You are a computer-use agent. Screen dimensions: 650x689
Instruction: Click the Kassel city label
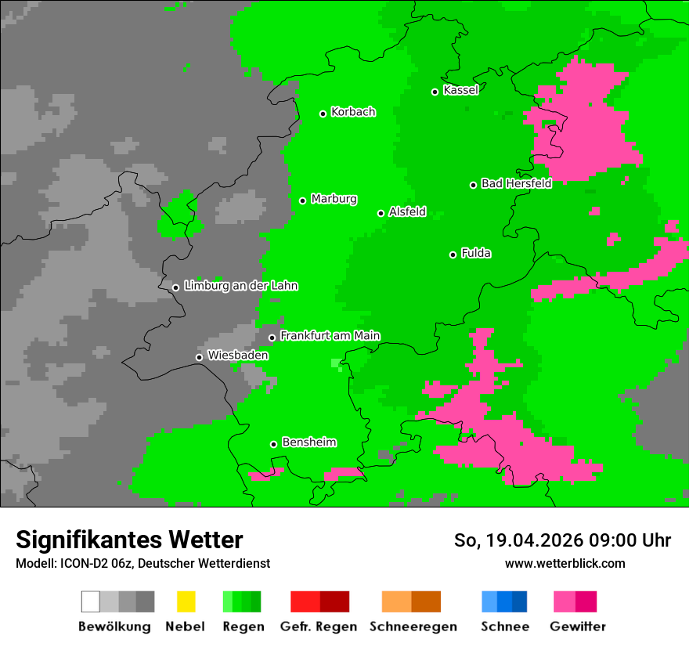click(x=460, y=90)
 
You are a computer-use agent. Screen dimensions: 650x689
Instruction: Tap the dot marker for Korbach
click(x=323, y=114)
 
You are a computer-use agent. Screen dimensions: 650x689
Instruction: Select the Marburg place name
click(x=334, y=199)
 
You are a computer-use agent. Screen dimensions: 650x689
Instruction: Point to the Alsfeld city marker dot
click(x=381, y=213)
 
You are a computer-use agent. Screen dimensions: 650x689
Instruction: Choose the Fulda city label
click(x=476, y=253)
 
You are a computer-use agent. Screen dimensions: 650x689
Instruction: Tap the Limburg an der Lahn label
click(x=240, y=286)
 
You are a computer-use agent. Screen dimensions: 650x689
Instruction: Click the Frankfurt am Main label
click(x=330, y=336)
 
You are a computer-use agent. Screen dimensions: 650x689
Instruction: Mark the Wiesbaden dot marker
click(x=199, y=357)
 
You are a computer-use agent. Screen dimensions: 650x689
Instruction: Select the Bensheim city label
click(x=308, y=442)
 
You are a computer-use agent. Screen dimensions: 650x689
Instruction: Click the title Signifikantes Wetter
click(x=129, y=540)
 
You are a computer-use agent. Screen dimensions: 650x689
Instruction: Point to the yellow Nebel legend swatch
click(x=186, y=601)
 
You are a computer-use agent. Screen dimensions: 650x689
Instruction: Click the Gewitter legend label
click(x=578, y=627)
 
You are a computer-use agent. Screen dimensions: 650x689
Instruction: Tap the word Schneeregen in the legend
click(x=413, y=627)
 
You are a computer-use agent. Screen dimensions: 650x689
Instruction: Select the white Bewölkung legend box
click(x=90, y=601)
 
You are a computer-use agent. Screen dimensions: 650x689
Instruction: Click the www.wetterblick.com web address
click(x=565, y=563)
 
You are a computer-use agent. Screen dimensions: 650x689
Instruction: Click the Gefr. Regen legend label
click(x=319, y=627)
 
